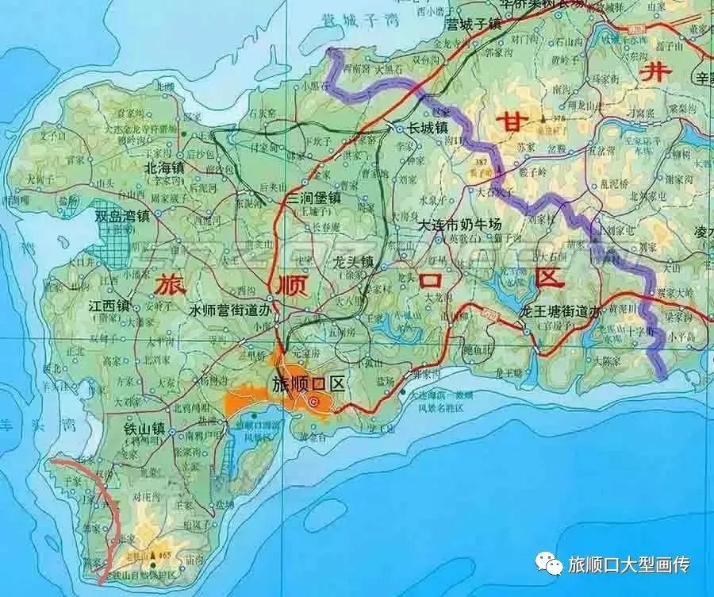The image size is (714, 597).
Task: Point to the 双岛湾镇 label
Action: coord(122,215)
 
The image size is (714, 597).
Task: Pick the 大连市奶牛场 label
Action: coord(460,225)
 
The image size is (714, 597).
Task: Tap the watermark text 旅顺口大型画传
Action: coord(629,564)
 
